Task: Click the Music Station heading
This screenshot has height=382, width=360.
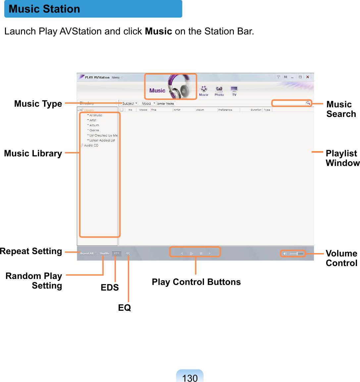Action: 44,9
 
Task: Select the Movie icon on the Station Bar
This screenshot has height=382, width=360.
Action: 203,89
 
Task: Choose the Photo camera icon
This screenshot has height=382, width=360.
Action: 219,89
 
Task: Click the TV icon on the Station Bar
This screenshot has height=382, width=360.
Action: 234,89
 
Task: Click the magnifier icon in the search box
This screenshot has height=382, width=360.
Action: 308,103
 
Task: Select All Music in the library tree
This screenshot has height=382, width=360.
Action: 95,115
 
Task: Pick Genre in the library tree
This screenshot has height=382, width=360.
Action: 94,130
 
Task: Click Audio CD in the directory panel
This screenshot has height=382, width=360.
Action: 91,145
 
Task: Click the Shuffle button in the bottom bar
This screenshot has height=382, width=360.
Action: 104,253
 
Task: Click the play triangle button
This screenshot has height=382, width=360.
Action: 192,253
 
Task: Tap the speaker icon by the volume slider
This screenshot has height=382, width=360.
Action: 285,254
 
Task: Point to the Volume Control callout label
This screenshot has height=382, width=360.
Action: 341,258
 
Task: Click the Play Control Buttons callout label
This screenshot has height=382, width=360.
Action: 196,282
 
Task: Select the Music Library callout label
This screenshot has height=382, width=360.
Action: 33,153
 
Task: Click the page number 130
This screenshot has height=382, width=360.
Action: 190,378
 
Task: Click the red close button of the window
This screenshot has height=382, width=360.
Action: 308,77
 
